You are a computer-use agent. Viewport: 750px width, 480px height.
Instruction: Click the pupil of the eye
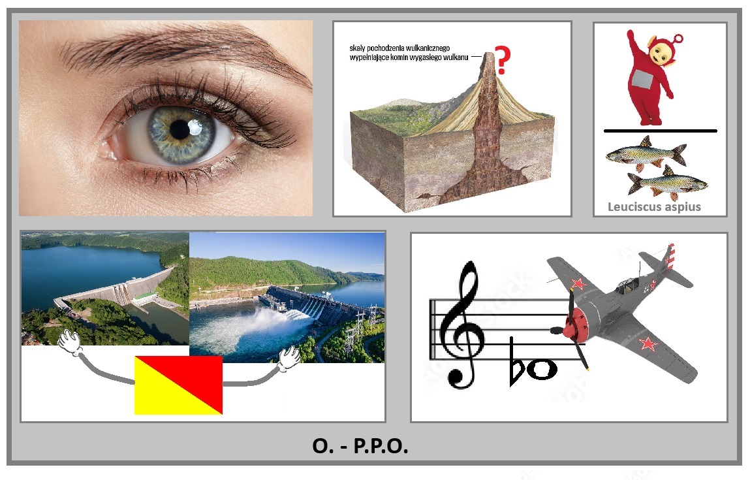(x=180, y=130)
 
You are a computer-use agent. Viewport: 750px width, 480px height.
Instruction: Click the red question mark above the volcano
(x=502, y=60)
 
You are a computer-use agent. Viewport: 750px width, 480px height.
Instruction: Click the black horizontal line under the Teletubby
(x=661, y=131)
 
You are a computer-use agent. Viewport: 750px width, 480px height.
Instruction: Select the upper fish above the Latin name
(x=646, y=153)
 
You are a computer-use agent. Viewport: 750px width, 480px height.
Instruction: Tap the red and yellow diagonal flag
(x=178, y=385)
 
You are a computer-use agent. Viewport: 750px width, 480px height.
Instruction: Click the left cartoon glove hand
(x=70, y=342)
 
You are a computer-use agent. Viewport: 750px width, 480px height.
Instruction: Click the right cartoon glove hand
(x=289, y=358)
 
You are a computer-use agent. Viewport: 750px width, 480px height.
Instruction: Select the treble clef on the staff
(x=461, y=325)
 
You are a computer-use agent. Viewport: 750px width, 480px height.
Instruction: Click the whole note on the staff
(x=542, y=369)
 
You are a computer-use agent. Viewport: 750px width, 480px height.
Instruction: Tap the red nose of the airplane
(x=573, y=323)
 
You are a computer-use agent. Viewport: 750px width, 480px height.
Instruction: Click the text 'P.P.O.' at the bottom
(x=381, y=446)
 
